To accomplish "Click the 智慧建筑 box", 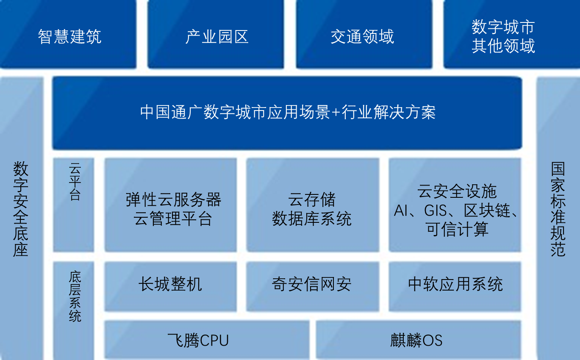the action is click(x=68, y=34).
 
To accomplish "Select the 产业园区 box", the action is click(x=216, y=34).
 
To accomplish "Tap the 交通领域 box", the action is click(x=364, y=34).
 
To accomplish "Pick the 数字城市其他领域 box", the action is click(x=512, y=34).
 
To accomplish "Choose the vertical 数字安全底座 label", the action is click(x=21, y=209).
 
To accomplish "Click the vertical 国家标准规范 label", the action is click(x=558, y=209).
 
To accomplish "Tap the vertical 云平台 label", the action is click(x=75, y=182).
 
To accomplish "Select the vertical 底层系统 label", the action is click(x=75, y=296).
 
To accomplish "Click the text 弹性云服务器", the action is click(x=173, y=199).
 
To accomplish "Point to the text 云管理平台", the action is click(x=173, y=219).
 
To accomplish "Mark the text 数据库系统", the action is click(x=312, y=219).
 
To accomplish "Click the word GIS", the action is click(x=435, y=210).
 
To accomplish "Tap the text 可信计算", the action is click(x=457, y=229).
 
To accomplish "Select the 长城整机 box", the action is click(x=171, y=286).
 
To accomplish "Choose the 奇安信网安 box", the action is click(x=313, y=286).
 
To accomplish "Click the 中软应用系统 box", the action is click(x=455, y=286).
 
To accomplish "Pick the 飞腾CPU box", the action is click(x=207, y=340).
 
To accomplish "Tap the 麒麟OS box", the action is click(x=419, y=340).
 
